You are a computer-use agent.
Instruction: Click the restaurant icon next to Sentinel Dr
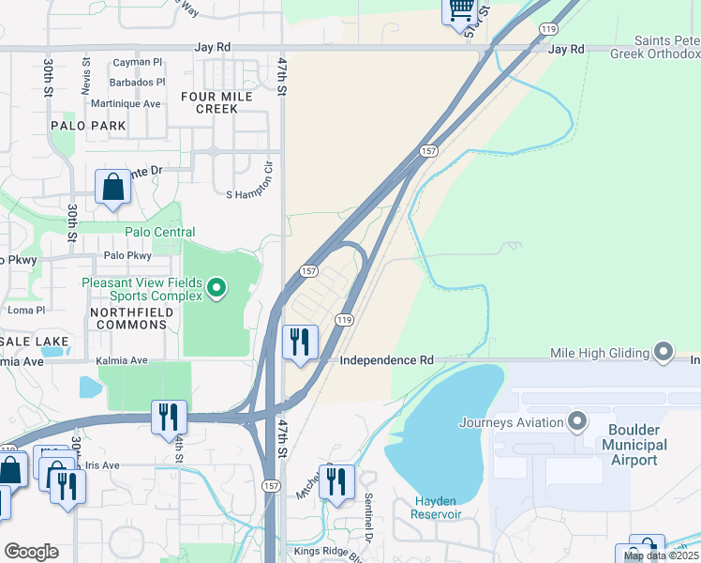336,481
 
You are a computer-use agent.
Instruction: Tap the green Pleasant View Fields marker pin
216,287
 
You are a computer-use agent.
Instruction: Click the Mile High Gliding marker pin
664,353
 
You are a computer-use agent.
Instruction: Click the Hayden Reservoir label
437,507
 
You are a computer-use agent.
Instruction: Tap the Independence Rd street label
386,359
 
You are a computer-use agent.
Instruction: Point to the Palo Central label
160,232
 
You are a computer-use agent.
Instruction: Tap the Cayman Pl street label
138,62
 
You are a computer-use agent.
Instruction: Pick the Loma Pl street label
26,310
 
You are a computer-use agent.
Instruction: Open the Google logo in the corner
31,552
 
